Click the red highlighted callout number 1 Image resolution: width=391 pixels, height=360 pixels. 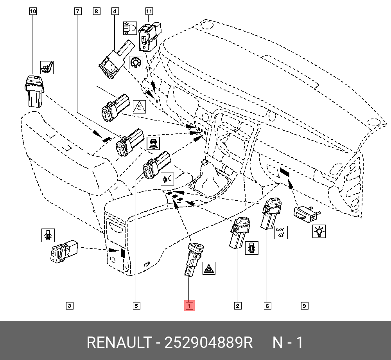pos(189,306)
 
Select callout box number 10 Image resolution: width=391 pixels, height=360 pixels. pos(33,11)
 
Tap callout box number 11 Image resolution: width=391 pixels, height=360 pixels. pos(149,11)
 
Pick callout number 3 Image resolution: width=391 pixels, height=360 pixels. pos(69,306)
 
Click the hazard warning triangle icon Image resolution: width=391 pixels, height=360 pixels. pos(209,268)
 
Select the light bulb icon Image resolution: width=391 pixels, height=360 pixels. pos(319,231)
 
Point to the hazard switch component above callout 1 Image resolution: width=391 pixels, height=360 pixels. pos(193,259)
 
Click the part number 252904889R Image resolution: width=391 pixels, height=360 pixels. pos(209,343)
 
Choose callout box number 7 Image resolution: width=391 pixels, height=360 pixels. pos(78,11)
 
